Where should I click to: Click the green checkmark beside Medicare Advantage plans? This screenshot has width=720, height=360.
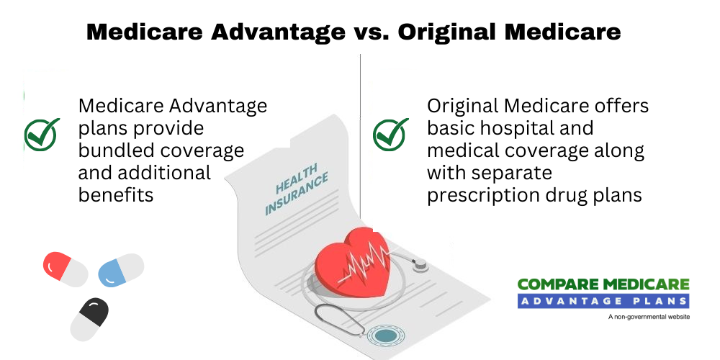(x=42, y=134)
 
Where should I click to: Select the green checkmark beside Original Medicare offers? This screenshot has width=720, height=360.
(x=390, y=134)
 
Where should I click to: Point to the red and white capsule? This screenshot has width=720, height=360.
(x=66, y=269)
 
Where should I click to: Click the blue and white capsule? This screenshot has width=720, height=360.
(x=121, y=270)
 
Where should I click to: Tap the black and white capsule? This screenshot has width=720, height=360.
(x=89, y=319)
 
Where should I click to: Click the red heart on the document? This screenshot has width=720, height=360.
(x=353, y=263)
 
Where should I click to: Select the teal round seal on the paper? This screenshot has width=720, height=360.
(x=382, y=336)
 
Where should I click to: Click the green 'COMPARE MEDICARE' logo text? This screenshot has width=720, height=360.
(x=603, y=284)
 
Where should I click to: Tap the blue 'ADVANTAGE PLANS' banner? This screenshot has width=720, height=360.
(x=603, y=301)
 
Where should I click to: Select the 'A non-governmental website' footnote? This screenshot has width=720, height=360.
(x=649, y=317)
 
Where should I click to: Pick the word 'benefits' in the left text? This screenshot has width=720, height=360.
(x=116, y=195)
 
